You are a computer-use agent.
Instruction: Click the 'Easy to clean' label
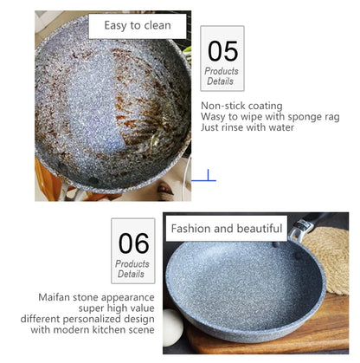(x=136, y=25)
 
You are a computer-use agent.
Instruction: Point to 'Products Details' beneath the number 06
(x=132, y=268)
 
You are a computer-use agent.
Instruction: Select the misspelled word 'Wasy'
(x=215, y=116)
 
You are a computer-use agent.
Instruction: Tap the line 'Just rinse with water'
(x=247, y=127)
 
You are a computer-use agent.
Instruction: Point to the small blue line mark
(x=203, y=179)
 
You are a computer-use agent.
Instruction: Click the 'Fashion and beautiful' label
(x=226, y=229)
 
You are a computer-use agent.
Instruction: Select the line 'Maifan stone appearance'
(x=96, y=296)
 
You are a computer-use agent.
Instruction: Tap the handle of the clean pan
(x=309, y=225)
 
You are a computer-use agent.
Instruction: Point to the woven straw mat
(x=332, y=260)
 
